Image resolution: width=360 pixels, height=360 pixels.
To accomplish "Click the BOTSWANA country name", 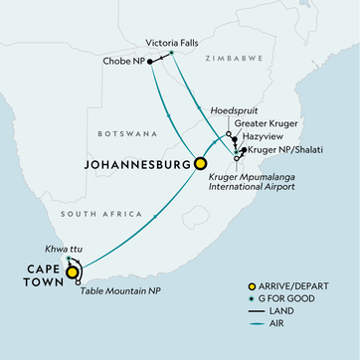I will point(122,132).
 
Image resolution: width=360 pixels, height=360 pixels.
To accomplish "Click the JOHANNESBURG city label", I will point(137,162).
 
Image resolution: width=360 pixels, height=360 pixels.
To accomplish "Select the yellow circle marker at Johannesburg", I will point(201,163).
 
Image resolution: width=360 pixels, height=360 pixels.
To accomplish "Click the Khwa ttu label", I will point(48,249).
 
